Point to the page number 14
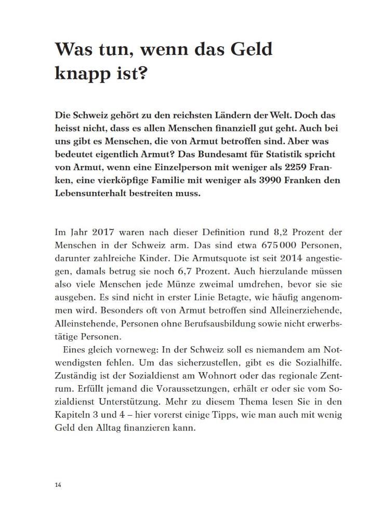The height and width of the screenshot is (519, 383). (58, 484)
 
